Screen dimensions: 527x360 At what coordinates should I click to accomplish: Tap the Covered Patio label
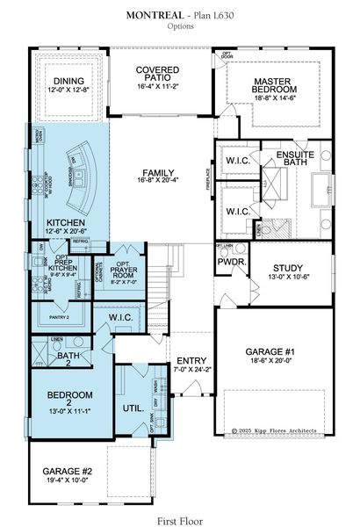coord(158,76)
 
